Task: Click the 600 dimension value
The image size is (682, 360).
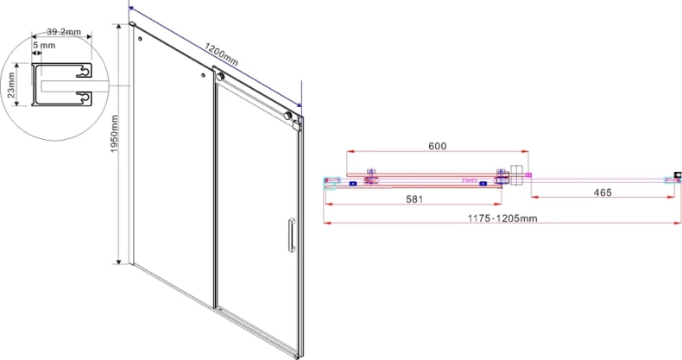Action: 437,146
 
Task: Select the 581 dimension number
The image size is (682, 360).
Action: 414,195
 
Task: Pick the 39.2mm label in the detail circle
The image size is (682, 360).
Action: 63,32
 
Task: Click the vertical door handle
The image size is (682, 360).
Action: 291,235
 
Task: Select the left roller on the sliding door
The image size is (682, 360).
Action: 219,79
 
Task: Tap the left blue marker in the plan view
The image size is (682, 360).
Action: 352,183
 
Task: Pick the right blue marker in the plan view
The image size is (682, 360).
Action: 483,183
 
